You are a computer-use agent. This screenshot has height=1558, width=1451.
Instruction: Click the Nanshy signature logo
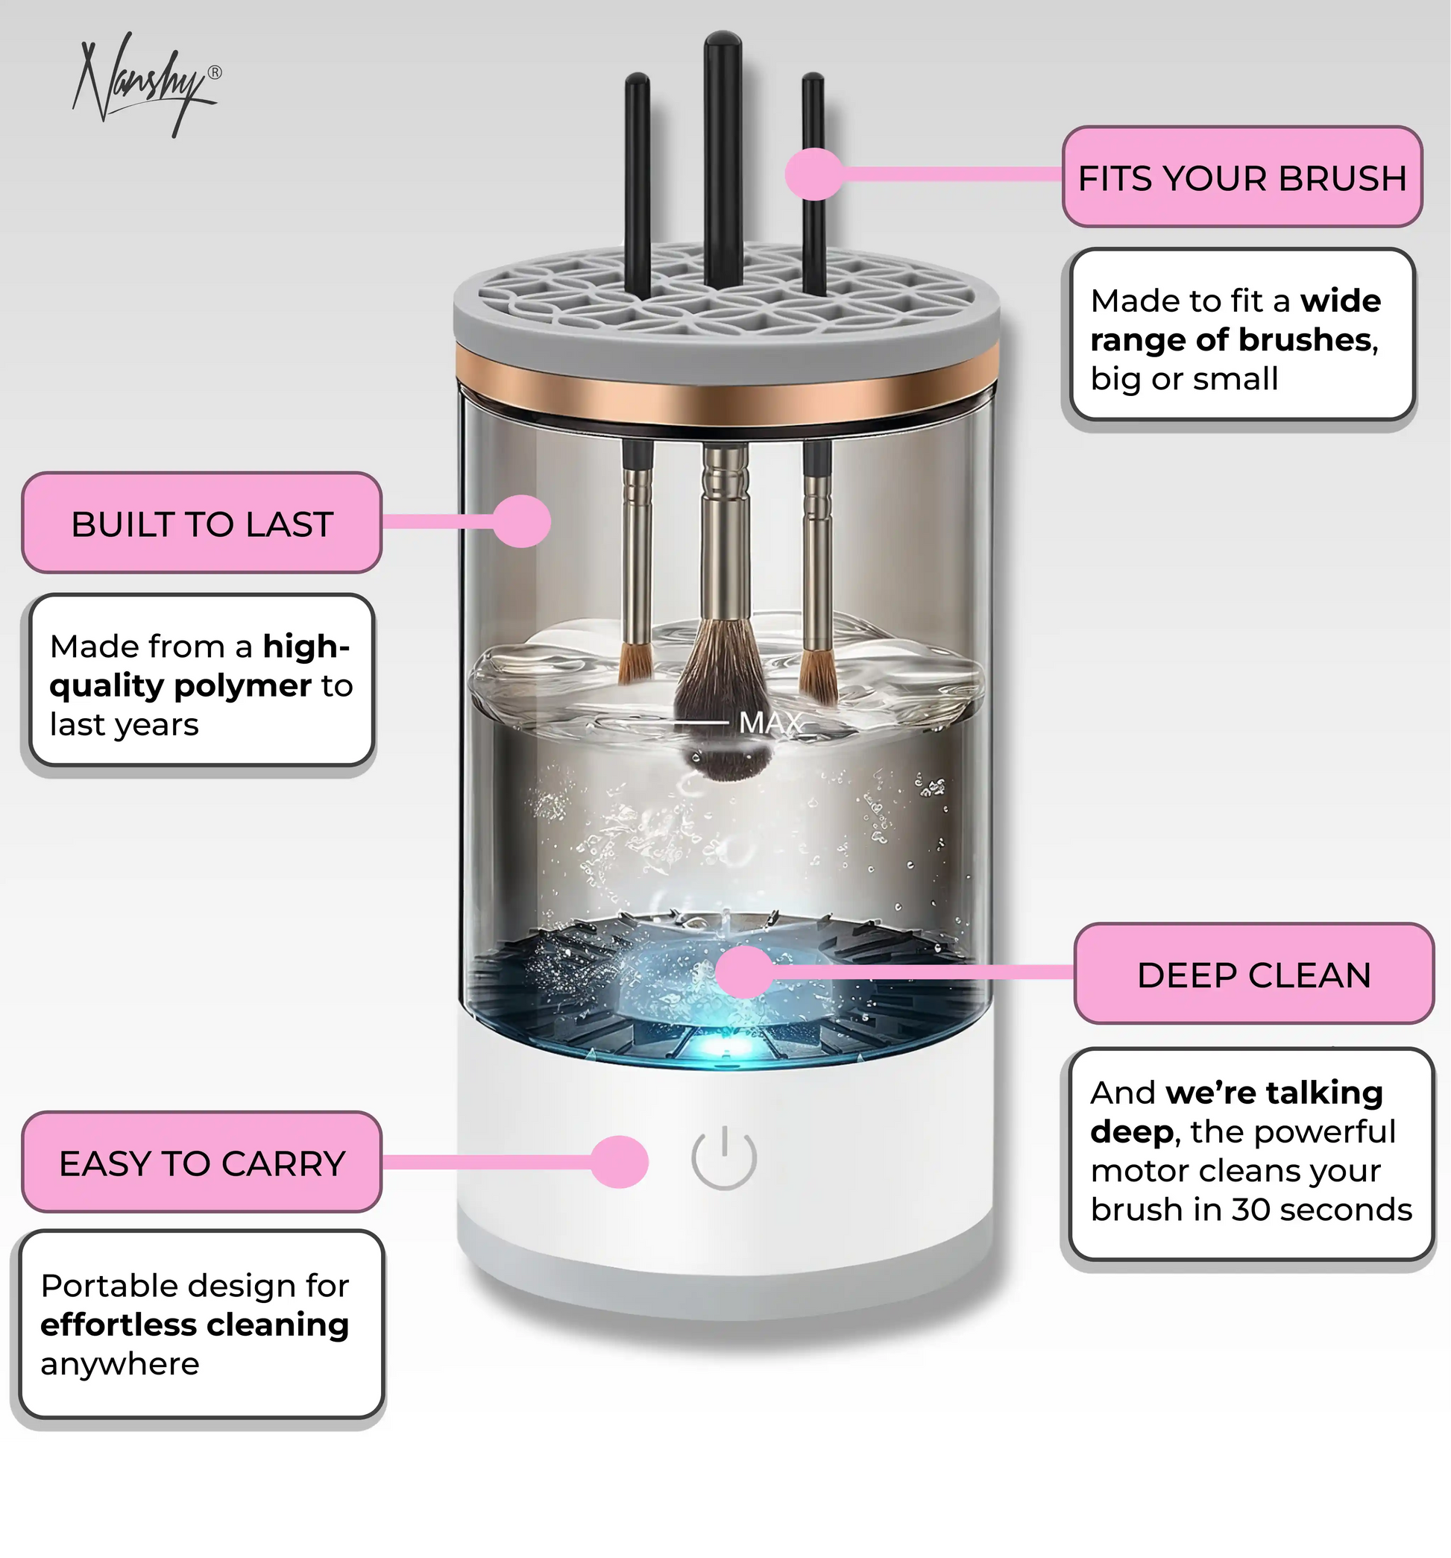tap(145, 87)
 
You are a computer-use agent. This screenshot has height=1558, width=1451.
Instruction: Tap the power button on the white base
tap(724, 1157)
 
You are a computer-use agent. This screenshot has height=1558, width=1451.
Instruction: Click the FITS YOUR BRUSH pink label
tap(1241, 177)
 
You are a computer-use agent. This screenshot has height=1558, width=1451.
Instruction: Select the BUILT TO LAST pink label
tap(201, 523)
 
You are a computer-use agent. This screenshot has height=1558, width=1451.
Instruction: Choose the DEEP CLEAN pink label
tap(1253, 974)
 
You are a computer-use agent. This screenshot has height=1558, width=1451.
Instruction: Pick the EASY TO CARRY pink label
tap(201, 1162)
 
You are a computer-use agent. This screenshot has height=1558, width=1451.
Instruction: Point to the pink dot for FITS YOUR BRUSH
tap(813, 174)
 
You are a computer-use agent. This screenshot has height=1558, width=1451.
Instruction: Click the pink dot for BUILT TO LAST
tap(523, 521)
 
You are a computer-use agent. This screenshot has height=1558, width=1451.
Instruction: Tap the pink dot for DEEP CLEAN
tap(744, 972)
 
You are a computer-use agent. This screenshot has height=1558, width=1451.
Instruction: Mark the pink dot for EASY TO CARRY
tap(620, 1161)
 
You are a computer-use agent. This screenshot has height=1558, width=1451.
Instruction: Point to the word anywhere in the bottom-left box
tap(120, 1364)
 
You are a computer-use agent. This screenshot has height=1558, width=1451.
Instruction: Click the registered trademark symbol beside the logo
tap(215, 73)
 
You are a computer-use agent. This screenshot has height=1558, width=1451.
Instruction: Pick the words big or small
tap(1184, 379)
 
